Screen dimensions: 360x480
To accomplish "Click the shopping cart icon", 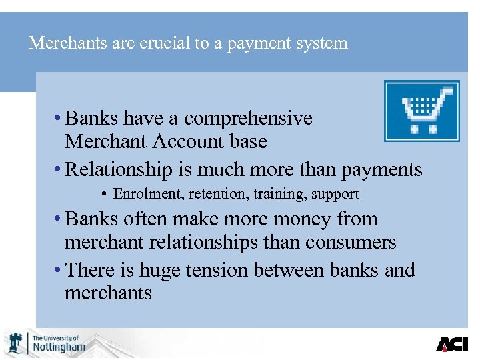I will (x=421, y=111).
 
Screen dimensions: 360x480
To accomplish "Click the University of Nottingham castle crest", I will (x=16, y=343).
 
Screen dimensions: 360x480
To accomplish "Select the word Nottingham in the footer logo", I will (x=59, y=347).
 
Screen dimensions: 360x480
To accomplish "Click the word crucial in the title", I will (x=157, y=43).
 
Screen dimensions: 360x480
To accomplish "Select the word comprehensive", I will (x=248, y=119).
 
